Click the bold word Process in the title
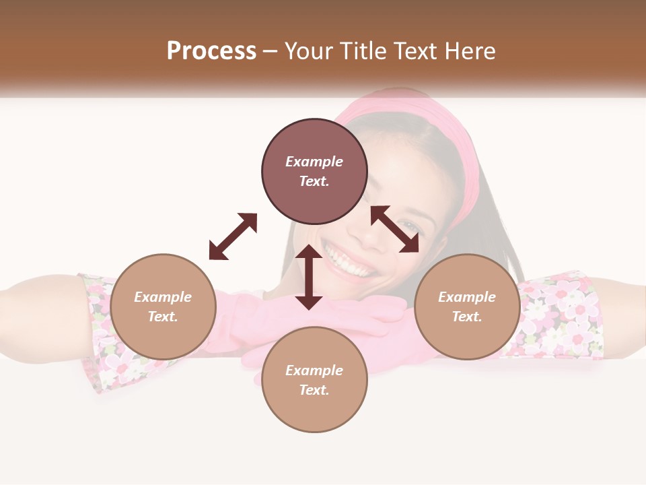click(211, 51)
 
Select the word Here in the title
click(469, 51)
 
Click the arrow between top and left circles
click(233, 236)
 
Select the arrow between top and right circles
click(395, 229)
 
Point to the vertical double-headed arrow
click(309, 277)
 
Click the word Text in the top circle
click(314, 181)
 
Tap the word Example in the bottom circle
click(314, 370)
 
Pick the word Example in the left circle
click(163, 297)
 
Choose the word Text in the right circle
click(466, 317)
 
